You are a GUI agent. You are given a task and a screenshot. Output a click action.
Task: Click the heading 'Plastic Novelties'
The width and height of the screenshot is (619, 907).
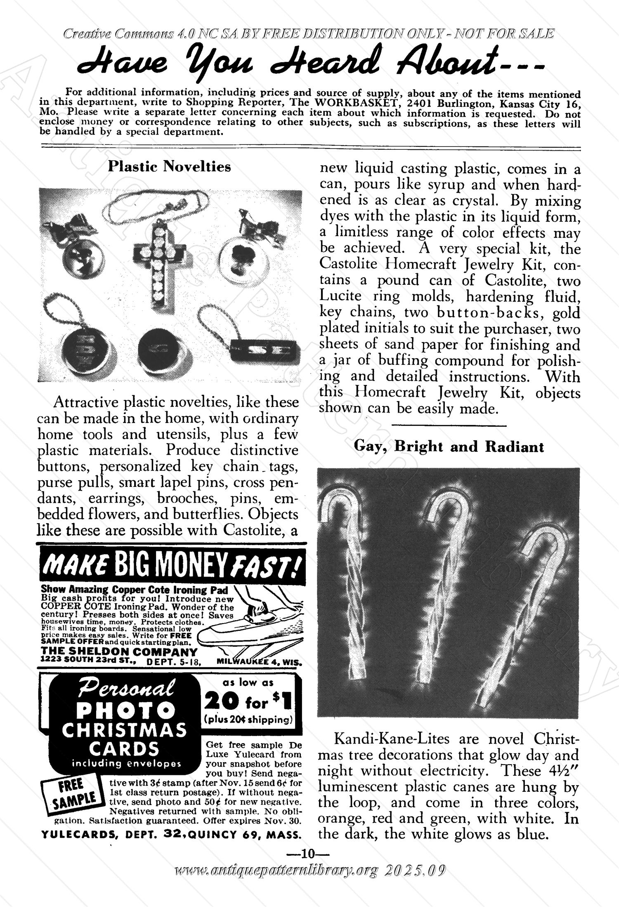tap(169, 167)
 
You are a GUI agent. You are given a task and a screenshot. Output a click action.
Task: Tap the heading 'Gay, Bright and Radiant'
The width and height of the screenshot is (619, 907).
tap(449, 447)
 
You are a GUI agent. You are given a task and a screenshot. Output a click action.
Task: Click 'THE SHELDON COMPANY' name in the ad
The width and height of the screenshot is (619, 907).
tap(119, 652)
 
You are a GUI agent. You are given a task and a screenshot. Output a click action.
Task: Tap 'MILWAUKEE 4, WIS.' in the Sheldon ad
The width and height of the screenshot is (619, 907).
tap(260, 664)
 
